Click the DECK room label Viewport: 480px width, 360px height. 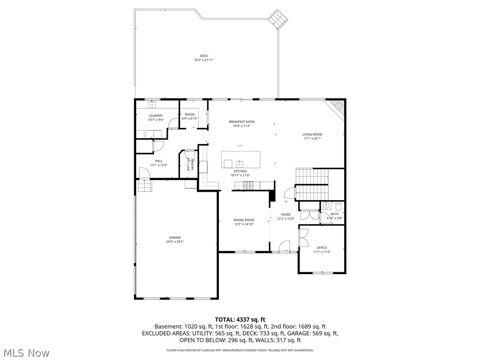(x=204, y=56)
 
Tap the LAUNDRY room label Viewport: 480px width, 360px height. (x=156, y=115)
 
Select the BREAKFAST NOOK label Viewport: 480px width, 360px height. (x=241, y=122)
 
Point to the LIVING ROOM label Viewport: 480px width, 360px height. (x=312, y=135)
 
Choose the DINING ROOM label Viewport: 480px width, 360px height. (x=244, y=220)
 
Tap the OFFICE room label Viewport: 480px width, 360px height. (x=322, y=247)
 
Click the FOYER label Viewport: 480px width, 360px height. (x=285, y=215)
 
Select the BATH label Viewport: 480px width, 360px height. (x=334, y=214)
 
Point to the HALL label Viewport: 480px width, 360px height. (x=159, y=161)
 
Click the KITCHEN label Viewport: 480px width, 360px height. (x=240, y=171)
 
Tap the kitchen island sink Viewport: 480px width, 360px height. (x=240, y=163)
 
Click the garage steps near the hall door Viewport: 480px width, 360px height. (x=145, y=187)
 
